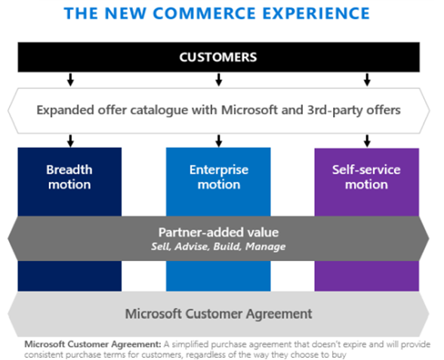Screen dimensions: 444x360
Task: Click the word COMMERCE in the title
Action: click(x=205, y=13)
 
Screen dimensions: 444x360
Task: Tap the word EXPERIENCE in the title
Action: click(x=316, y=13)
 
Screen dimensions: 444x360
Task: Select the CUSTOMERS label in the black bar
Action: click(x=218, y=57)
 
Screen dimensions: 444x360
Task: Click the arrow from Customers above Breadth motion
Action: click(x=70, y=79)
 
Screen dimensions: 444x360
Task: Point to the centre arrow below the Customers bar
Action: click(x=219, y=79)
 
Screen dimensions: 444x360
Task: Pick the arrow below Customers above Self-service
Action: click(x=367, y=79)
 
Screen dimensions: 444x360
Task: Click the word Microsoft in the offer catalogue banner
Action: click(x=249, y=110)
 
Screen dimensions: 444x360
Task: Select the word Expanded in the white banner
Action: click(x=66, y=110)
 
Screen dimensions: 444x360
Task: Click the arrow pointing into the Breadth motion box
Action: click(x=70, y=141)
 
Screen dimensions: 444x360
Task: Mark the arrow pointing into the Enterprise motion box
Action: click(x=219, y=141)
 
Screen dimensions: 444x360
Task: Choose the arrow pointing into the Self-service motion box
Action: click(x=367, y=141)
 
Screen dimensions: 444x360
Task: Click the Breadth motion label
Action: click(x=69, y=177)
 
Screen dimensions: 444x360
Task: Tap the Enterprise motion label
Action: click(x=219, y=177)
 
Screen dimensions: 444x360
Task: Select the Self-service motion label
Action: click(x=366, y=177)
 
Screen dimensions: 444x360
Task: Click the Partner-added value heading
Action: click(x=219, y=232)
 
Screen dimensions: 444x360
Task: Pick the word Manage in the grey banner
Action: click(x=266, y=247)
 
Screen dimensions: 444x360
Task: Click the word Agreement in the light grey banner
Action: click(x=279, y=314)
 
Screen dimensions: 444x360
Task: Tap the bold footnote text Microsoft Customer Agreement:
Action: click(x=93, y=344)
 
